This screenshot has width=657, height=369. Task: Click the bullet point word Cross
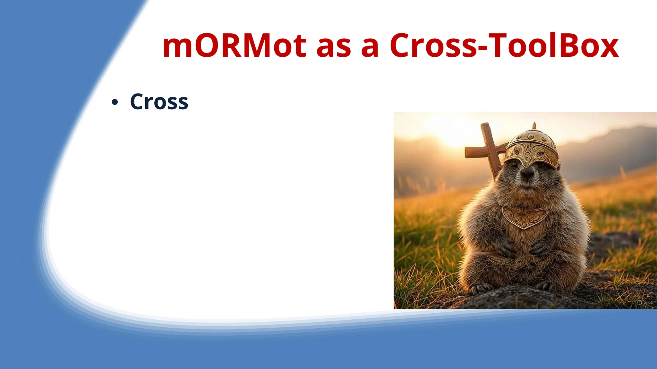(159, 102)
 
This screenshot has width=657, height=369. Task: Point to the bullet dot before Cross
(115, 103)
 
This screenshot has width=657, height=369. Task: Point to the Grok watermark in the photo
(645, 302)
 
